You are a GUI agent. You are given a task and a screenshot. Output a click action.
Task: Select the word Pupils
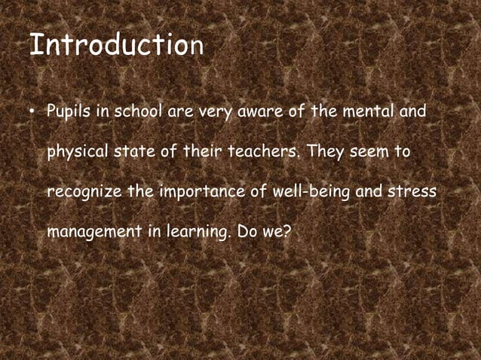(67, 113)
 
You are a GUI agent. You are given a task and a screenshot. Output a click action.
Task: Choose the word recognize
(84, 193)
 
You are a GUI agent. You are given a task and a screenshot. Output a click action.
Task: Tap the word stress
(412, 193)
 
